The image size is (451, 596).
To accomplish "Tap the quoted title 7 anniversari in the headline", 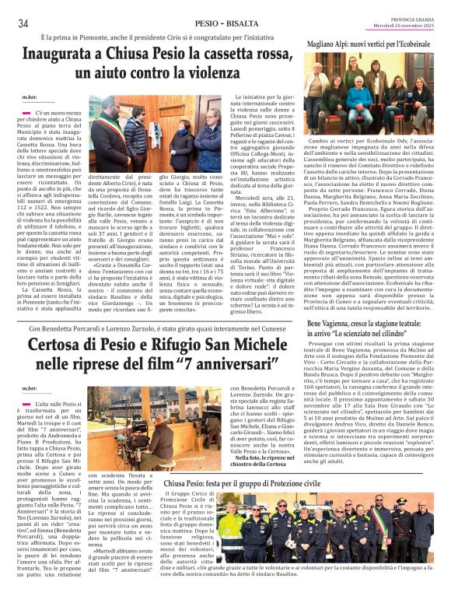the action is (240, 363).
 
